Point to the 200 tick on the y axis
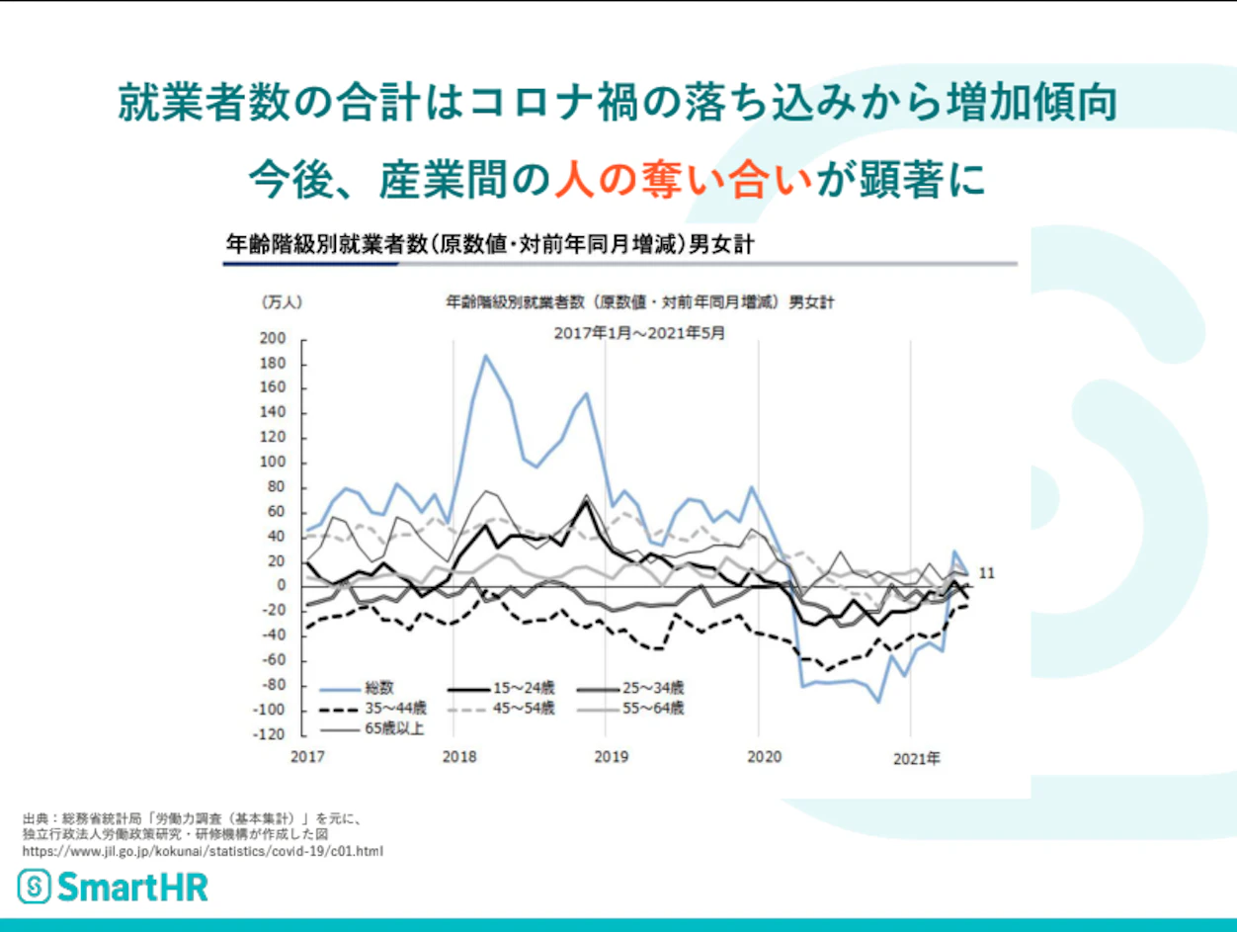point(273,339)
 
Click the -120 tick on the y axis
point(269,735)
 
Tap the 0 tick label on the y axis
point(280,586)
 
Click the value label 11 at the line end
point(986,573)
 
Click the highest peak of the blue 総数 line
point(485,355)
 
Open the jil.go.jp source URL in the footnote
point(203,850)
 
